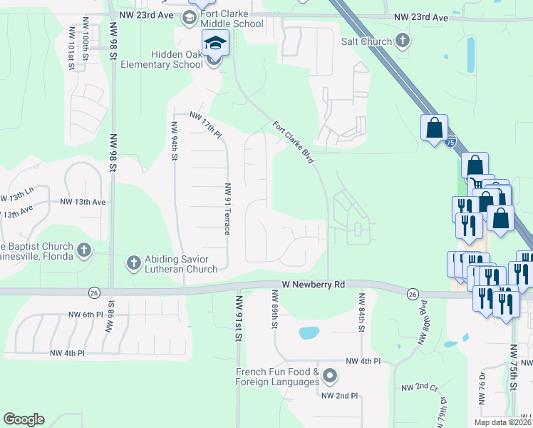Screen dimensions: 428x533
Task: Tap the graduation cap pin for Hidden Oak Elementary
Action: (214, 44)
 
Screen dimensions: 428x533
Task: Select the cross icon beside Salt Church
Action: (403, 41)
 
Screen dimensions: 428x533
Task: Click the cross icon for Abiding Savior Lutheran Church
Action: (133, 263)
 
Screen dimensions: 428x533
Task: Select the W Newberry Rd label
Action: (313, 284)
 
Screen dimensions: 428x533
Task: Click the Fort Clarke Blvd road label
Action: (293, 142)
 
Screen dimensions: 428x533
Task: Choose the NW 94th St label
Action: (174, 141)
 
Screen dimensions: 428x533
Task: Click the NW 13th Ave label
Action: (83, 202)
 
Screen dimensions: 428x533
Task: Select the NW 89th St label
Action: (274, 310)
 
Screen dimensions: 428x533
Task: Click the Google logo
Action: (24, 419)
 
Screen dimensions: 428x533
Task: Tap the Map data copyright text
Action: (502, 422)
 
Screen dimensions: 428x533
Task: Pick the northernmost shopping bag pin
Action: (433, 128)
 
